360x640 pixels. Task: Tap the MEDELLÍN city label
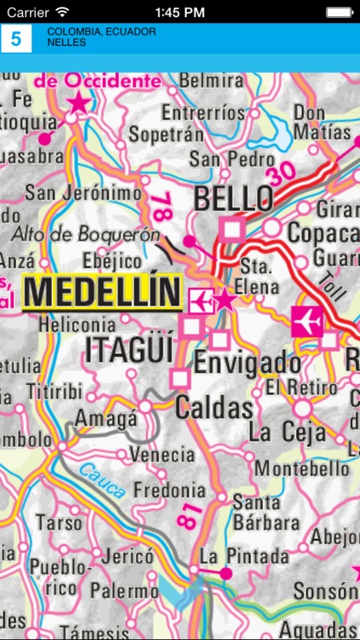[x=102, y=292]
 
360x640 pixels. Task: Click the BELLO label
[x=234, y=200]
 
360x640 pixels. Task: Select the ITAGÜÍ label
[x=129, y=350]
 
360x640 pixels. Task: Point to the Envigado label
[x=247, y=363]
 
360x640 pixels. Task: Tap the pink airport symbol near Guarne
[x=305, y=321]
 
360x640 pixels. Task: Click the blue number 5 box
[x=15, y=38]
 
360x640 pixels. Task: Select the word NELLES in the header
[x=67, y=42]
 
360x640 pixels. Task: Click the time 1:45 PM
[x=179, y=11]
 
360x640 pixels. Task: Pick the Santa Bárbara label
[x=256, y=510]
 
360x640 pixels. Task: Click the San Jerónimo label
[x=83, y=193]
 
